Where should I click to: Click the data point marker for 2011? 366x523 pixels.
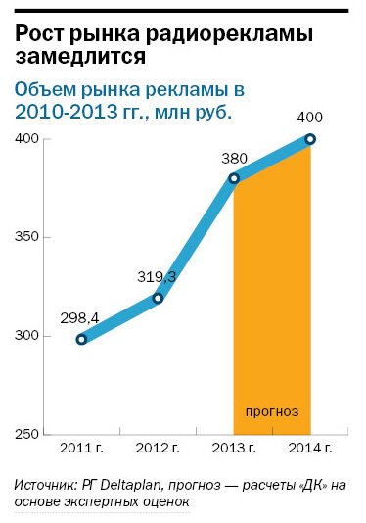pos(81,339)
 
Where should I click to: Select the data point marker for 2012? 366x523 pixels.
pos(158,298)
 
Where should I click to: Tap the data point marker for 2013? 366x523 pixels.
pos(235,178)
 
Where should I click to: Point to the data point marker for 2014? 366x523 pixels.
pos(310,139)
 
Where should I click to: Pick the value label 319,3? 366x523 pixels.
pos(157,276)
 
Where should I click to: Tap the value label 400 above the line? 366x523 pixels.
pos(309,118)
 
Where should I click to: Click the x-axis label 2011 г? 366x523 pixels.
pos(81,448)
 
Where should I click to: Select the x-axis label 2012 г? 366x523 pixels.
pos(157,448)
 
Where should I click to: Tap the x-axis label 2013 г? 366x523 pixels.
pos(234,448)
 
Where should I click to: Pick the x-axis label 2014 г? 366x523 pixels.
pos(309,448)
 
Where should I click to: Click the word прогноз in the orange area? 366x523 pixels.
pos(272,411)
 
